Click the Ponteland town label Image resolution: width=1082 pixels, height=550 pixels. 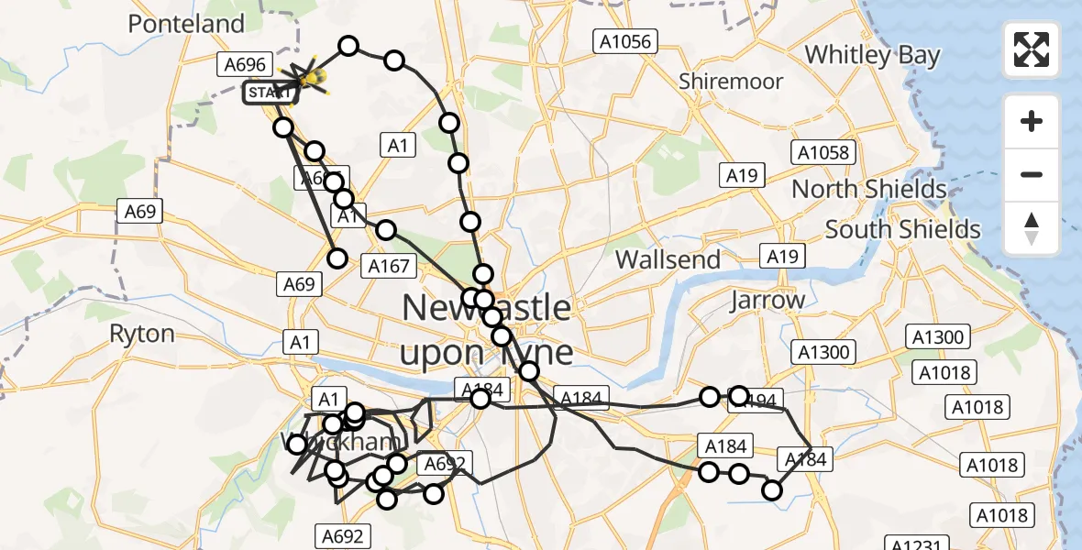[186, 24]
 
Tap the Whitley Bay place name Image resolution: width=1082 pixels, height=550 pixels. [872, 55]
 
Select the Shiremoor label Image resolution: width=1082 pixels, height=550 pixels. [731, 82]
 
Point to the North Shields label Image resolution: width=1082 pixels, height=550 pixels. [868, 190]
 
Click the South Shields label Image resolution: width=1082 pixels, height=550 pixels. [902, 229]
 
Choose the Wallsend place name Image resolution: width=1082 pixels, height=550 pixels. [668, 259]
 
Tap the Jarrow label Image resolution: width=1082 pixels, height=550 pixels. [767, 300]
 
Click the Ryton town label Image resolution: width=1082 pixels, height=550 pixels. [142, 334]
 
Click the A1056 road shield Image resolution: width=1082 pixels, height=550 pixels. [624, 40]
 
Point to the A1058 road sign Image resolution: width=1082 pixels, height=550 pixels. [823, 152]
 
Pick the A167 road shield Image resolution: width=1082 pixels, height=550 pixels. [389, 266]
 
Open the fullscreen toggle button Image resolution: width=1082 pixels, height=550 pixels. [1032, 49]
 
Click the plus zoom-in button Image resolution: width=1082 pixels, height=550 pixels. [1032, 121]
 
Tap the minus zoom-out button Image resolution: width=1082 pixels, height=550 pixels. [1032, 174]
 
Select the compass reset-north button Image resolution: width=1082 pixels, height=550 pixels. [1032, 228]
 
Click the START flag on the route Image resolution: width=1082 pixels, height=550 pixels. [270, 93]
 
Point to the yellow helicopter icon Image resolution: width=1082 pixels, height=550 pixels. [313, 81]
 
